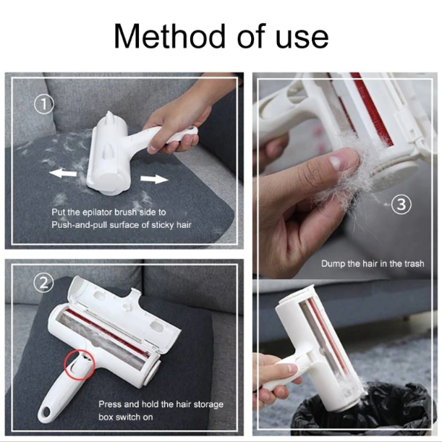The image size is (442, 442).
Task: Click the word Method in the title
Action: (170, 36)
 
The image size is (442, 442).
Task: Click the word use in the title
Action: (302, 40)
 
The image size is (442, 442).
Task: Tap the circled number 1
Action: (43, 104)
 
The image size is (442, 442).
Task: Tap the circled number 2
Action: (43, 283)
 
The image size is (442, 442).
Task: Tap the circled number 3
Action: (401, 204)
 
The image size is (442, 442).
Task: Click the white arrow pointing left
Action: (63, 173)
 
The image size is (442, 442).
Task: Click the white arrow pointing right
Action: (154, 179)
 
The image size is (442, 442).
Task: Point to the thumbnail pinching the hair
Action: (336, 162)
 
